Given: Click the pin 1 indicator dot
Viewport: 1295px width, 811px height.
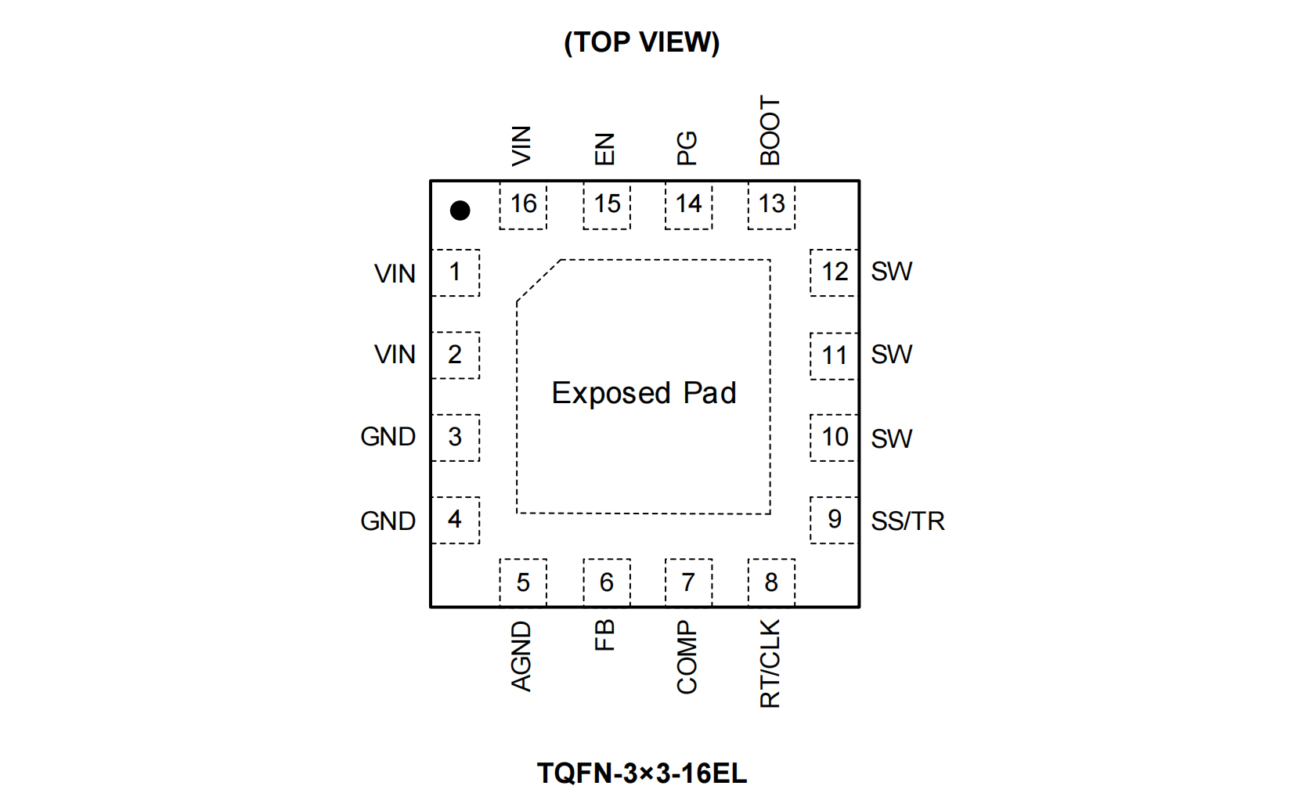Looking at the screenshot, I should click(x=460, y=211).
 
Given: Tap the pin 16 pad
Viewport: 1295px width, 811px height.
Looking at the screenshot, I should click(x=523, y=205).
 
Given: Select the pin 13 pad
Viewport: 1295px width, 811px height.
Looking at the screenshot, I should click(x=771, y=205).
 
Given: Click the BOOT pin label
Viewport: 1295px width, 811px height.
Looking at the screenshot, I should click(x=770, y=131).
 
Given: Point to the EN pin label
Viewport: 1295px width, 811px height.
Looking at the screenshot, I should click(x=604, y=149).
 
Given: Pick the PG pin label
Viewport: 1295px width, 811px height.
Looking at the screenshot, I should click(x=687, y=148).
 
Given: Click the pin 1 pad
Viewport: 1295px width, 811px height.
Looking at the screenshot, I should click(x=455, y=272).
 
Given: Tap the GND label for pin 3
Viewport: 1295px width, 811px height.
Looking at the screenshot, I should click(x=388, y=437).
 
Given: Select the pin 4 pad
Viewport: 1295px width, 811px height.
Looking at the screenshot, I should click(x=455, y=520).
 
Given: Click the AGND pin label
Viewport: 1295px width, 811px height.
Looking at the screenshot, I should click(x=521, y=657).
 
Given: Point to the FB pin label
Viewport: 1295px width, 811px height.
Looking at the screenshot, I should click(x=604, y=635).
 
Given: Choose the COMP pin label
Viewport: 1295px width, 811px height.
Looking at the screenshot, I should click(x=687, y=658).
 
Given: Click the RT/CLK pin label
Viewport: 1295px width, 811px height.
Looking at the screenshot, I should click(x=770, y=664).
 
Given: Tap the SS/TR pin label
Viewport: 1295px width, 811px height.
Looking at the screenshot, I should click(x=907, y=521).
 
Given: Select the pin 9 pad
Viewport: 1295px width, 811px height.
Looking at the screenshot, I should click(x=834, y=520).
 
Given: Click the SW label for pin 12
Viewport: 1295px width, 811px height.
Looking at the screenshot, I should click(x=891, y=272).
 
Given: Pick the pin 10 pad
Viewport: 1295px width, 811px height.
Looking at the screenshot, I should click(x=834, y=438).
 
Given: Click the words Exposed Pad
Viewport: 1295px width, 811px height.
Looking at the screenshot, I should click(x=644, y=393).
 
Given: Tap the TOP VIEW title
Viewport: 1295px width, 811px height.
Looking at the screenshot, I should click(x=641, y=42).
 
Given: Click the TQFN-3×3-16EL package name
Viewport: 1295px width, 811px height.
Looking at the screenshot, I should click(x=641, y=773).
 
